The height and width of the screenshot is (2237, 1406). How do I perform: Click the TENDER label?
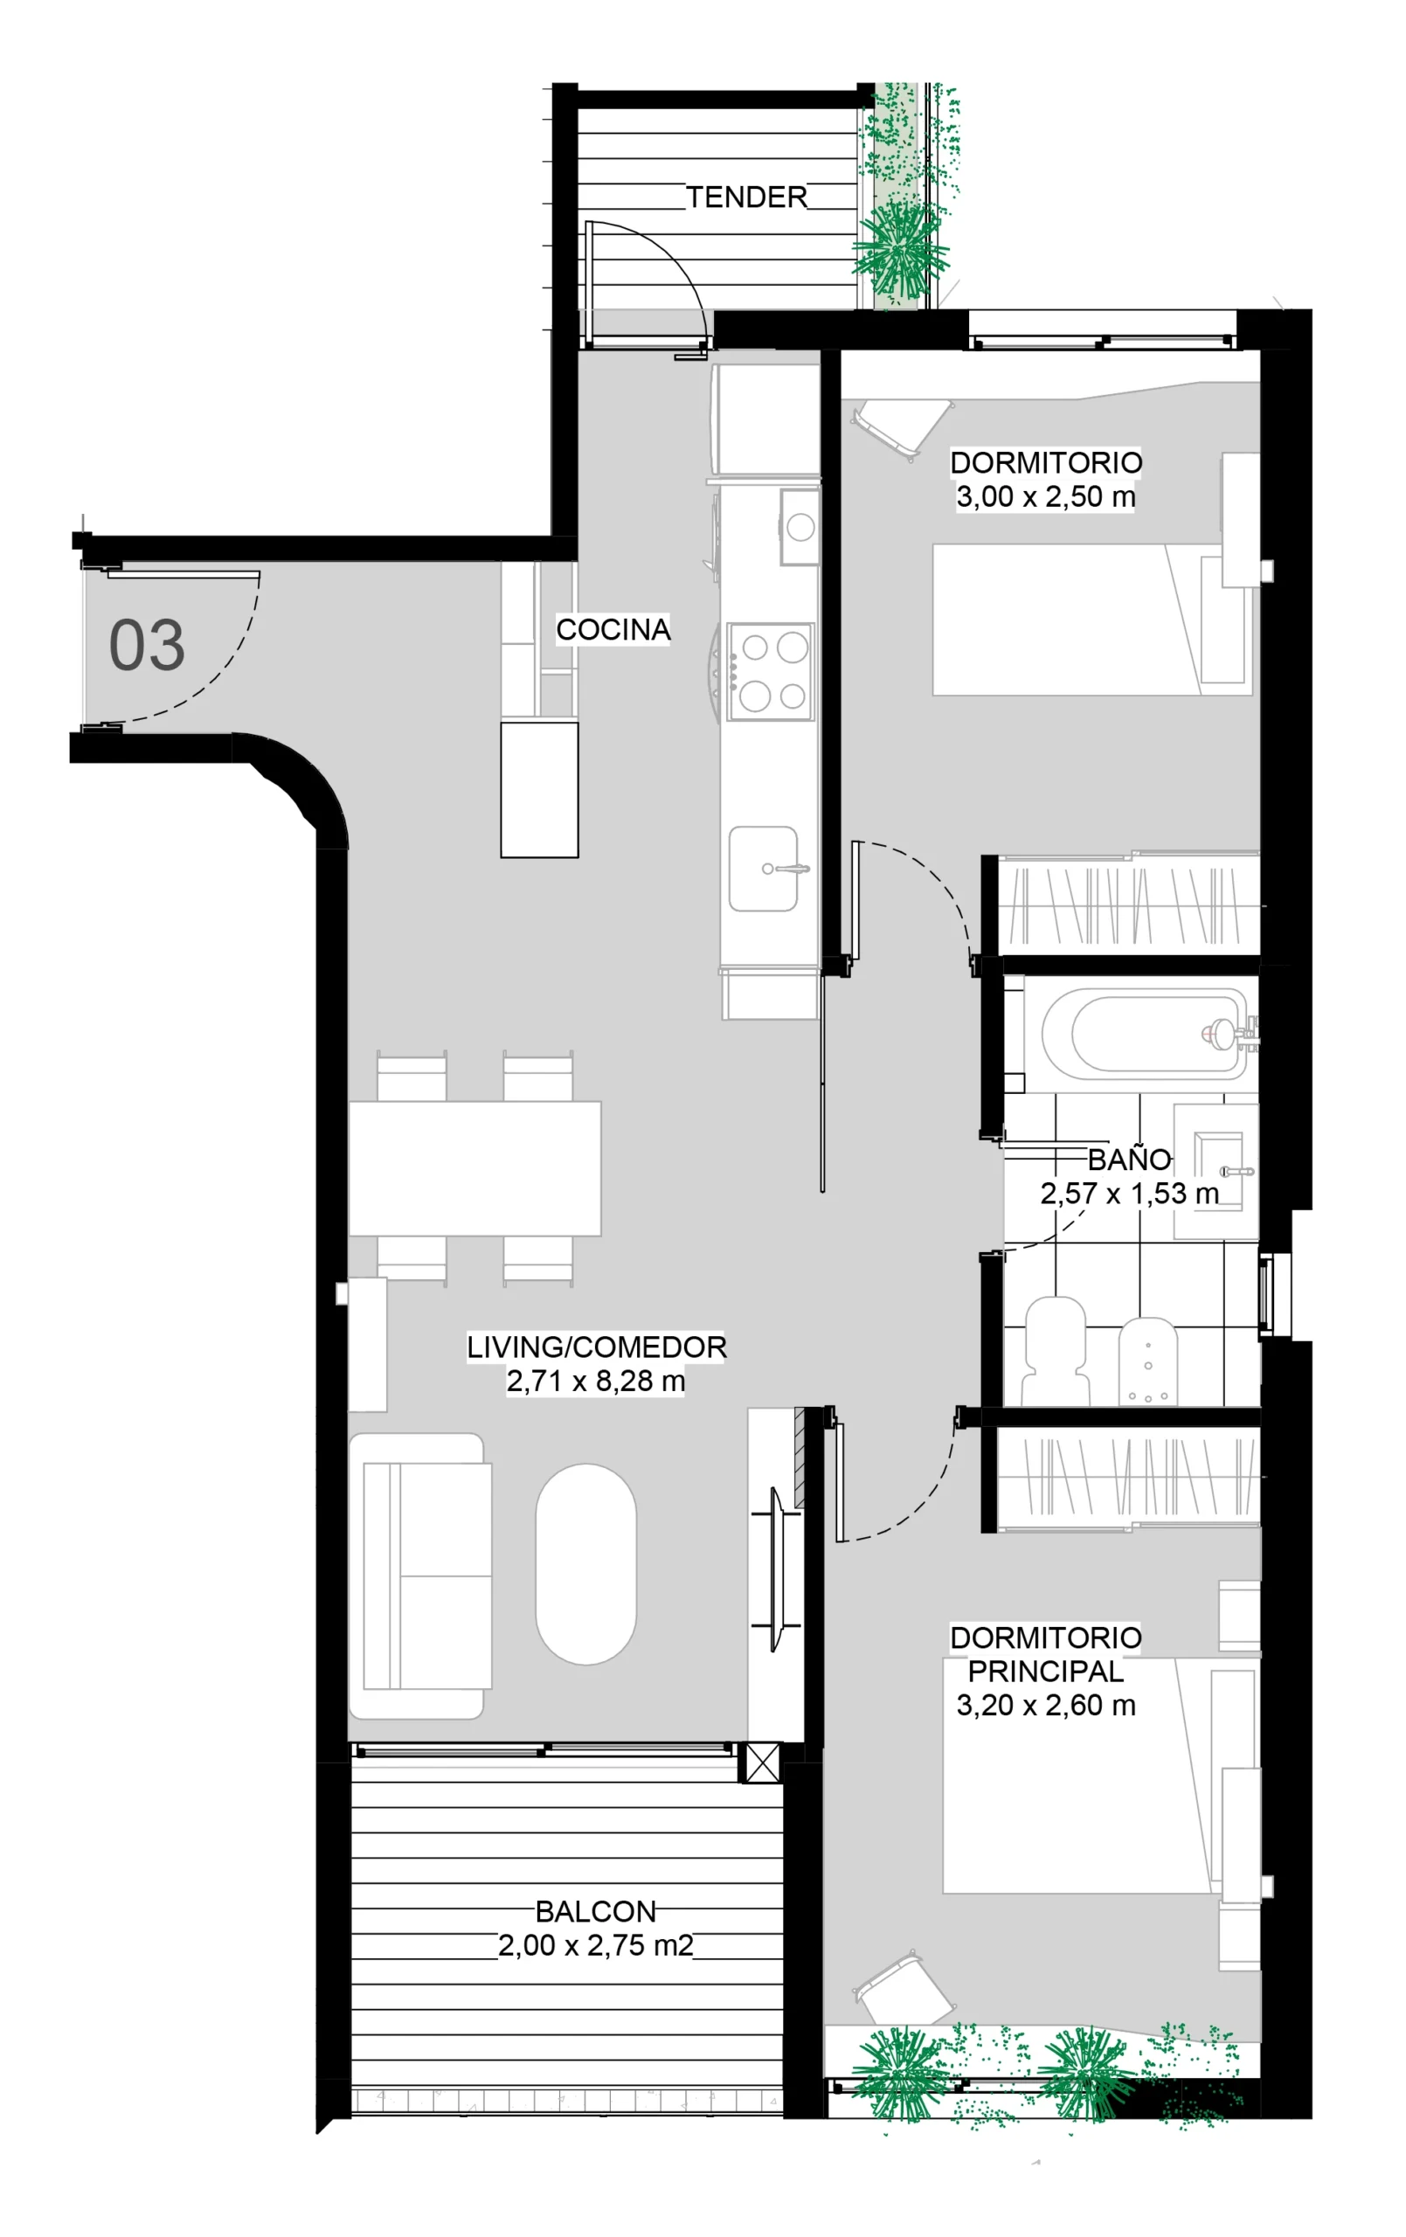(746, 197)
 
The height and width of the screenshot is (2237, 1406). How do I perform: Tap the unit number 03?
(147, 645)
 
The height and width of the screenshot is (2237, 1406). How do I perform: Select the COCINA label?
(613, 629)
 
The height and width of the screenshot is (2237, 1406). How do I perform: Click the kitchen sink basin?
(763, 869)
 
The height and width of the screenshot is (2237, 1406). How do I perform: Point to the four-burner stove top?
(771, 672)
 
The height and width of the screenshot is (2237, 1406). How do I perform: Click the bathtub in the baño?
(1144, 1033)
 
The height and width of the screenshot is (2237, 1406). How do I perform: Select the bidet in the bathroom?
(1147, 1360)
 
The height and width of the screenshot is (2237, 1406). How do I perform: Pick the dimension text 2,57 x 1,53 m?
(1129, 1193)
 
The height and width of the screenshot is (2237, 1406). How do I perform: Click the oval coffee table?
(585, 1564)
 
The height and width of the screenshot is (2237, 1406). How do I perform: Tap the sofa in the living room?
(420, 1576)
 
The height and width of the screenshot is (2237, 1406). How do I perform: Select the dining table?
(474, 1167)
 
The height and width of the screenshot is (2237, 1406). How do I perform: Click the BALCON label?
(596, 1911)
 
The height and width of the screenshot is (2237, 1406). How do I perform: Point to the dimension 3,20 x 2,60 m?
(1045, 1705)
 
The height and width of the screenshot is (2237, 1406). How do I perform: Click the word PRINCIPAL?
(1045, 1672)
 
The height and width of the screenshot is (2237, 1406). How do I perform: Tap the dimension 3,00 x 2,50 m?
(1045, 496)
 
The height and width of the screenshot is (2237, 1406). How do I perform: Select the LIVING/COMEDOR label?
(596, 1347)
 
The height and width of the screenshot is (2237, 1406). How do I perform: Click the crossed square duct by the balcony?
(763, 1763)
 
